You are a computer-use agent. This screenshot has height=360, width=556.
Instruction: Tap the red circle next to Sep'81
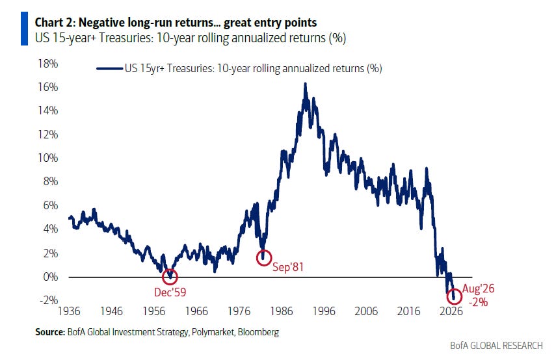264,250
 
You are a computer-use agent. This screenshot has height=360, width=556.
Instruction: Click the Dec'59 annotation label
170,292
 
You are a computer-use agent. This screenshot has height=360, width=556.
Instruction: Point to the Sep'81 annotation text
288,267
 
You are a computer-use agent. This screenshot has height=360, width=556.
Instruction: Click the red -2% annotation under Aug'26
478,302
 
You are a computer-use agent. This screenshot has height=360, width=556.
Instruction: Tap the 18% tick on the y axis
48,64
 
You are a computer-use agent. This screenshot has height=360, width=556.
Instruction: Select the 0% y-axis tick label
50,277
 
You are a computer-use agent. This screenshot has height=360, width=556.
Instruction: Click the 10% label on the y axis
48,158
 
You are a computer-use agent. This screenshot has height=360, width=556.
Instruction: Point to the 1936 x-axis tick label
69,311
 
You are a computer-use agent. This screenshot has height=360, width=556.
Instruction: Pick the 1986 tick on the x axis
282,311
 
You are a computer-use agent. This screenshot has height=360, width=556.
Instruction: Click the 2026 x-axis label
451,311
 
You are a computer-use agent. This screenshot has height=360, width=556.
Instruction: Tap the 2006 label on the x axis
366,311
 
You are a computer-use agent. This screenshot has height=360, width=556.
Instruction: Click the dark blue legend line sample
109,68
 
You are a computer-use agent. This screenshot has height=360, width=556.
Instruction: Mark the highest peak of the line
305,84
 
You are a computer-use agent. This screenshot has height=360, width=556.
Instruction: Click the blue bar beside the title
24,29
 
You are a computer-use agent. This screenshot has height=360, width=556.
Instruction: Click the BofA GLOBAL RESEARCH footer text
496,346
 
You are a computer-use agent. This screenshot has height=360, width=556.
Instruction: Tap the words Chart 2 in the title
54,23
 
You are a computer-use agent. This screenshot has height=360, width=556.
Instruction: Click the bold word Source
50,332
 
